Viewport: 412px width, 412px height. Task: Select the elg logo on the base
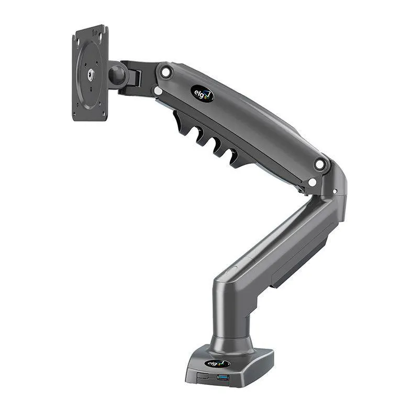click(x=217, y=363)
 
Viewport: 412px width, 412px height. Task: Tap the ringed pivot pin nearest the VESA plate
click(x=166, y=72)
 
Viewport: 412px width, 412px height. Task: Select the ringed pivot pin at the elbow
click(x=319, y=164)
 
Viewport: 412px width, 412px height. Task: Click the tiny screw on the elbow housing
click(x=335, y=191)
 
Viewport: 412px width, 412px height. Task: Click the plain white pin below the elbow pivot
click(x=312, y=182)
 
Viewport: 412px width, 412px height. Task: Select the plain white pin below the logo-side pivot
click(x=158, y=91)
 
